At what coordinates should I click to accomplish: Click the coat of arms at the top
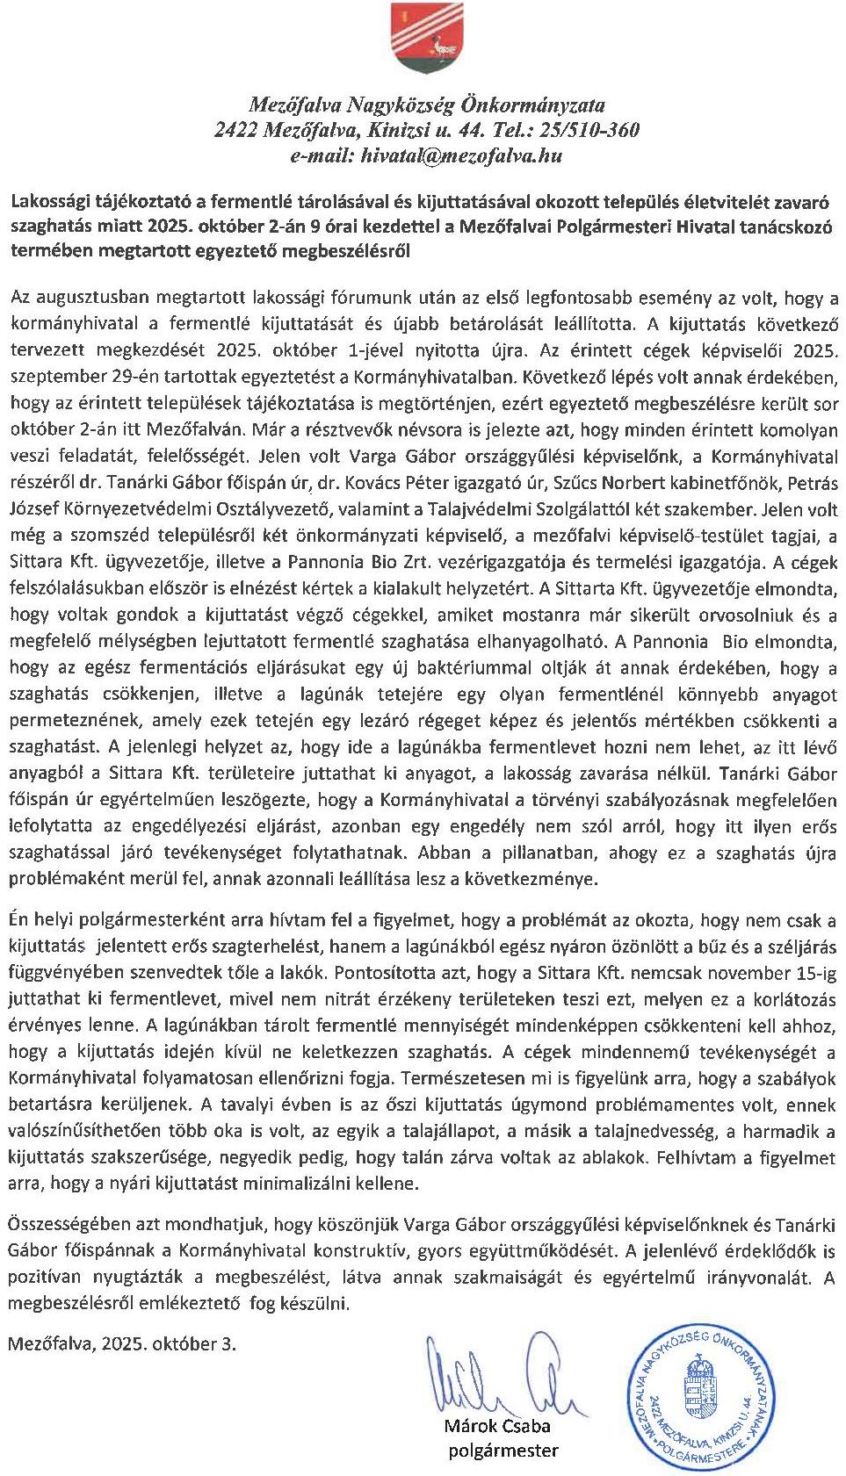(422, 41)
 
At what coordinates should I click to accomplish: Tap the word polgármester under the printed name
(503, 1451)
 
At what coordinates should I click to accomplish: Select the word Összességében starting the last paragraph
(73, 1224)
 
